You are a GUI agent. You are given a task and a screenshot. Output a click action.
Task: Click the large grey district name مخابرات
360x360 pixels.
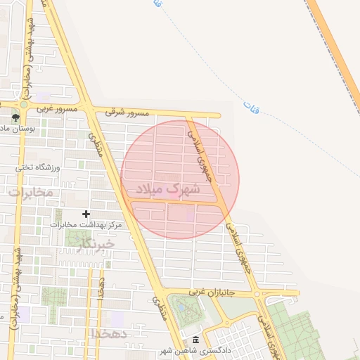[30, 191]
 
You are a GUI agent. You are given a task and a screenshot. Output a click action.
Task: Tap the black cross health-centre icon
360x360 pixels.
[86, 213]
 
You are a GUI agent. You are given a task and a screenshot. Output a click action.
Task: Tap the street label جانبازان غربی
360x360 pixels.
[220, 292]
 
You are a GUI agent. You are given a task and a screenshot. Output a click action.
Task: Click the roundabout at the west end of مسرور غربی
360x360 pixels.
[23, 105]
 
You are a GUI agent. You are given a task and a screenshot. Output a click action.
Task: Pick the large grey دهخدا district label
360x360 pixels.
[108, 333]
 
